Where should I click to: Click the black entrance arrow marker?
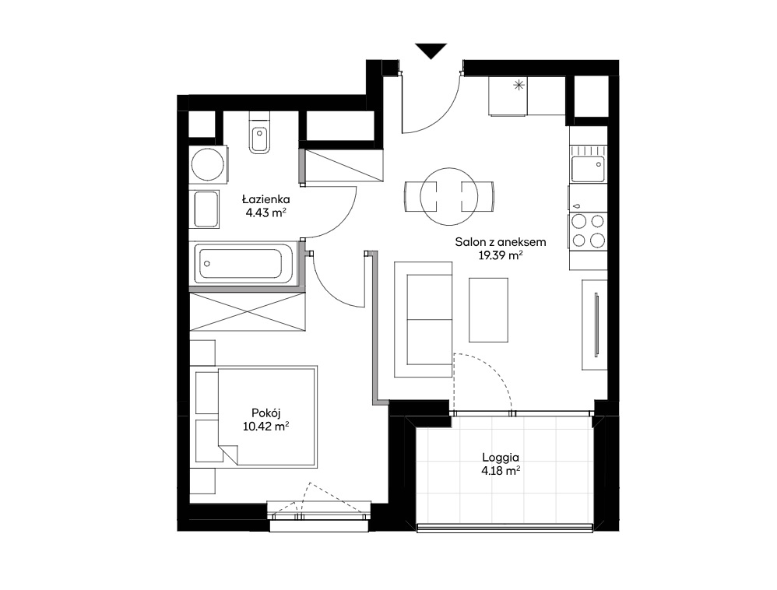(x=431, y=51)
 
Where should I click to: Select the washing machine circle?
(x=208, y=164)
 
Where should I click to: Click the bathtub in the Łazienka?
(x=241, y=264)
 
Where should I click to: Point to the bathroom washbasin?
(x=206, y=209)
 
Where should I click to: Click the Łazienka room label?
(x=265, y=199)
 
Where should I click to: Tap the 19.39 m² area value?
(x=501, y=255)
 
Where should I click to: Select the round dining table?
(x=449, y=197)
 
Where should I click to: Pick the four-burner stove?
(x=589, y=230)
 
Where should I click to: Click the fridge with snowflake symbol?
(x=508, y=96)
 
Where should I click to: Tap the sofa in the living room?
(x=424, y=320)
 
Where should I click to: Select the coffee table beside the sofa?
(x=489, y=310)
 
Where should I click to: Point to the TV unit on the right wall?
(x=595, y=325)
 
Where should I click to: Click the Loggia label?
(x=501, y=458)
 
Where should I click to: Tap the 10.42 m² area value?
(x=266, y=426)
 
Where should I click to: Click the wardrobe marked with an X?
(x=248, y=311)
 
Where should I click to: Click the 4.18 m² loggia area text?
(x=501, y=471)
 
